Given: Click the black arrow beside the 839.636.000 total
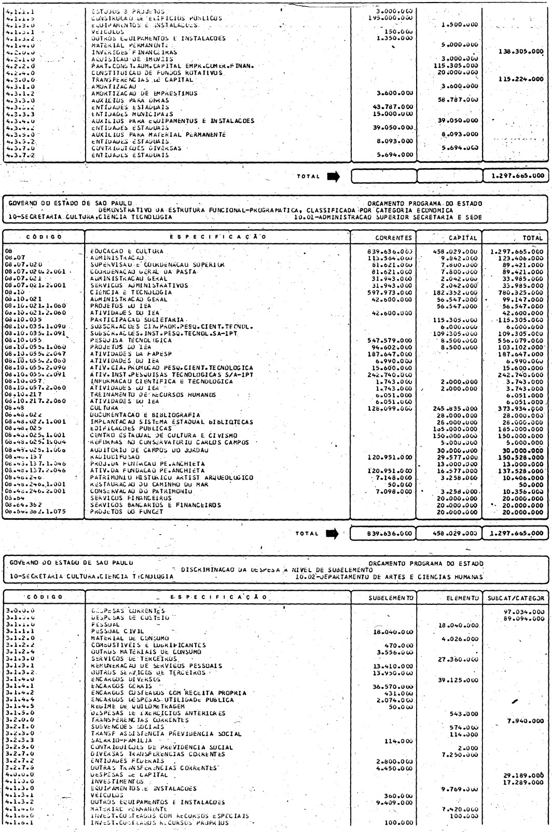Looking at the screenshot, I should pos(332,532).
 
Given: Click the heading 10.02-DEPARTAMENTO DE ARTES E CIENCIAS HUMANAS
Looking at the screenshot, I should pos(387,576).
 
